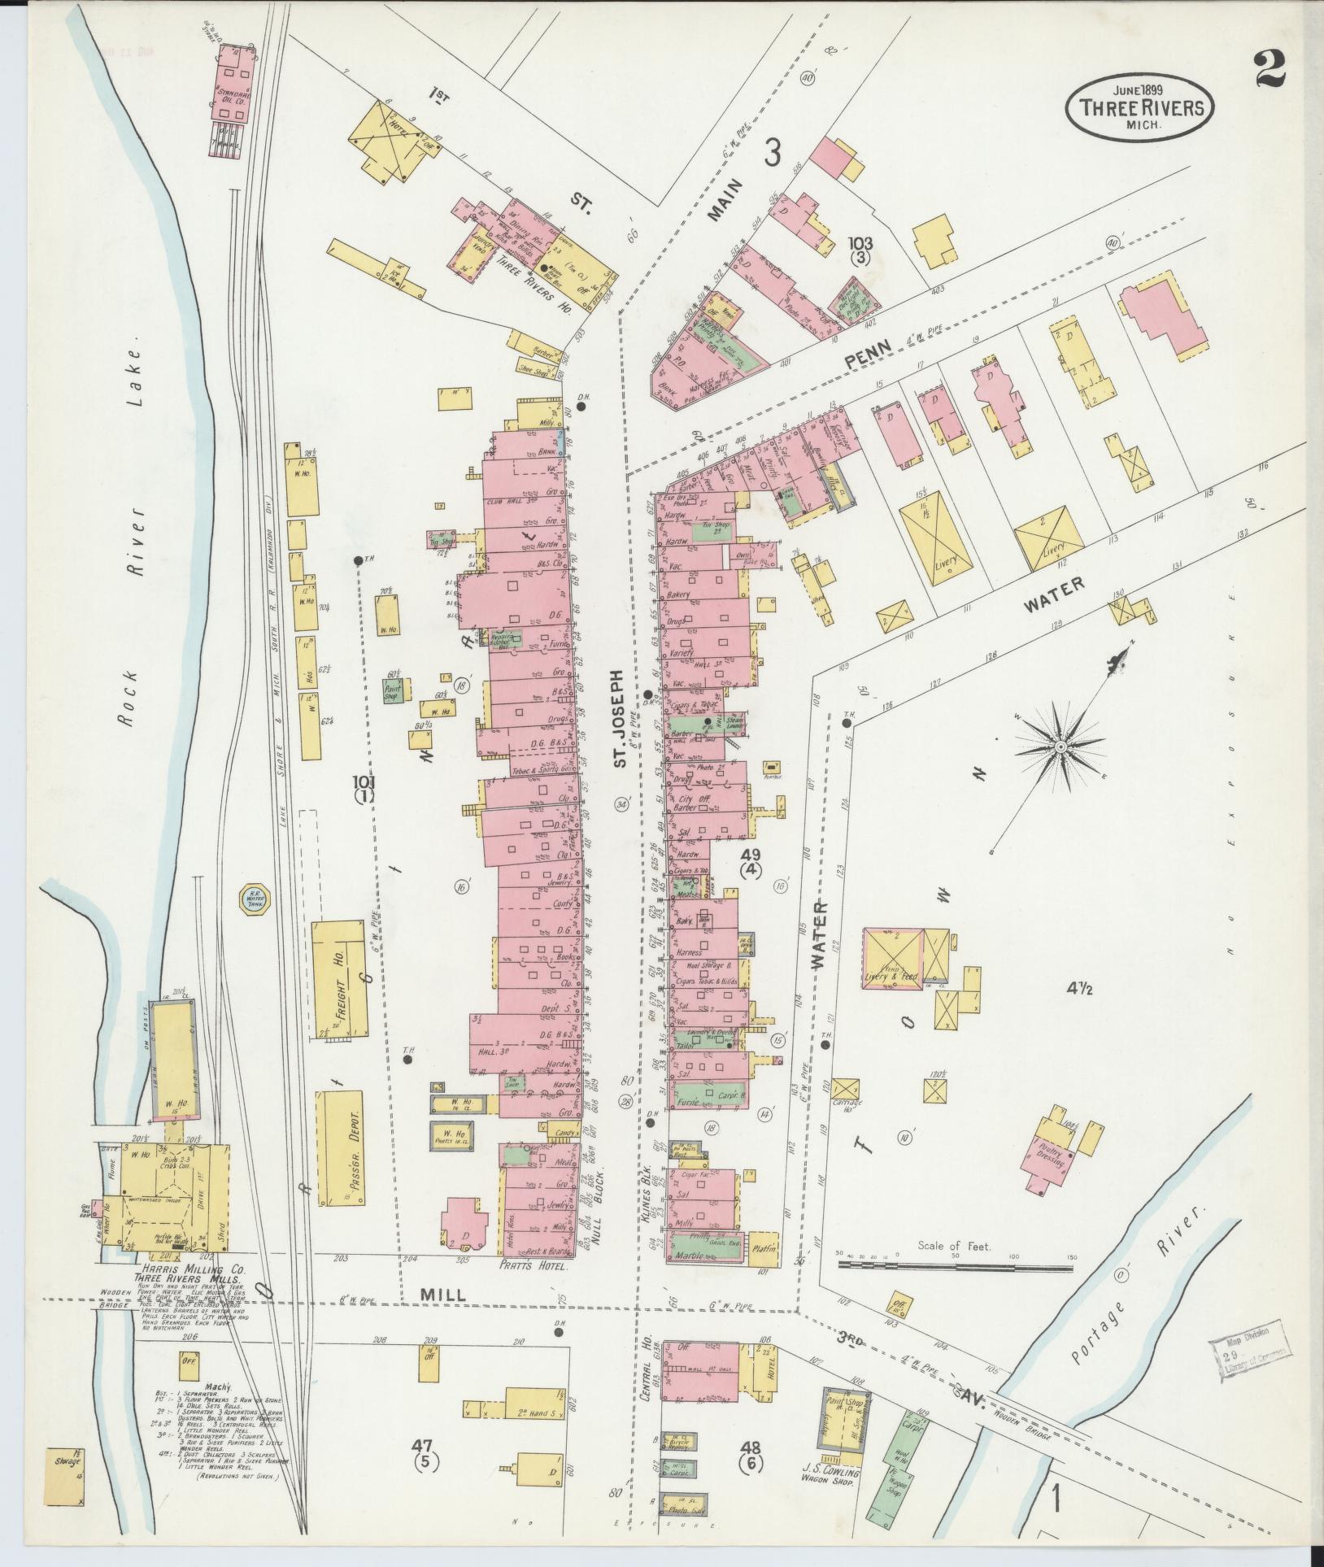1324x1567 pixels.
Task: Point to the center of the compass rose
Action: click(1061, 745)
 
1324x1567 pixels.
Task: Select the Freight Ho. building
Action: click(338, 983)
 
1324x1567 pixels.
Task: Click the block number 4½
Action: click(1084, 989)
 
